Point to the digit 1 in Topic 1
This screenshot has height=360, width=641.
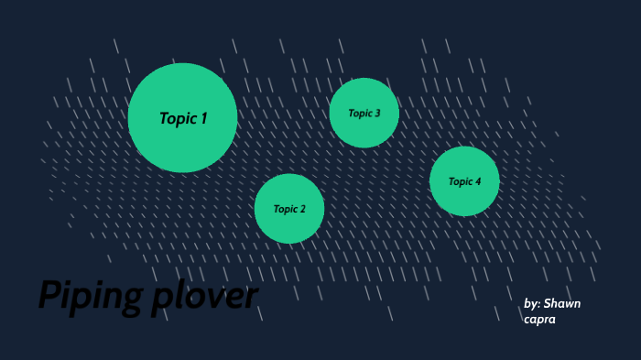[203, 118]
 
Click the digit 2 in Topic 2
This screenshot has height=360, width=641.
[302, 209]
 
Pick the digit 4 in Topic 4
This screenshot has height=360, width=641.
[478, 181]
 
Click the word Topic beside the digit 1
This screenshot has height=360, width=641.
[177, 118]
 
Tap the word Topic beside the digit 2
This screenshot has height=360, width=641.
[285, 209]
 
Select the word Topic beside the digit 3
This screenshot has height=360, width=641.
[359, 114]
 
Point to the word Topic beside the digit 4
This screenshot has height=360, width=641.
[460, 181]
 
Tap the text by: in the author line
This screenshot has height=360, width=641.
[532, 303]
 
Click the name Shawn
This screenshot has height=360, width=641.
[562, 303]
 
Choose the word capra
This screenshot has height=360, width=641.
[540, 319]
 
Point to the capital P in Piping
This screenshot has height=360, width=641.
[49, 295]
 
